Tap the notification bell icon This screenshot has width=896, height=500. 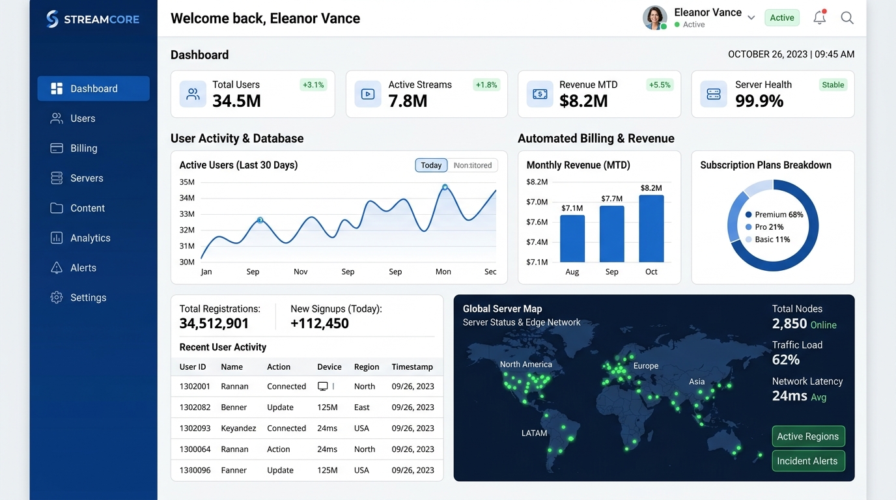[x=820, y=17]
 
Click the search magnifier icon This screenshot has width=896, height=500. [x=847, y=18]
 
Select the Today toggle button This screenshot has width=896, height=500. [x=431, y=165]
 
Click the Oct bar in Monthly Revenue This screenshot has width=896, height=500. [x=651, y=229]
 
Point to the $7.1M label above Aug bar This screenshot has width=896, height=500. [x=572, y=208]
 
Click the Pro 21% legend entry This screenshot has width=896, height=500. [x=764, y=227]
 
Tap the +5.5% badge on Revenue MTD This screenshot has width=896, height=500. [x=660, y=85]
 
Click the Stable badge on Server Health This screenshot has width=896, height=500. [x=833, y=85]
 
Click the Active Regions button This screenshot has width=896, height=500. [x=808, y=436]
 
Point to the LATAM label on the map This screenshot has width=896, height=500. [x=534, y=433]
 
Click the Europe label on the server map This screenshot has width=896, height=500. [x=645, y=366]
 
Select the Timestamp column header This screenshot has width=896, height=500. [x=412, y=367]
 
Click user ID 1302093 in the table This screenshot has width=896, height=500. [x=195, y=428]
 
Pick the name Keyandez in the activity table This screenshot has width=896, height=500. [x=238, y=428]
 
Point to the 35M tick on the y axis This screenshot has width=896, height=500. [x=187, y=182]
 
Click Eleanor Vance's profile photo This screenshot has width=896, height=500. [x=654, y=18]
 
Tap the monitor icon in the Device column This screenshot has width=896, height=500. [x=322, y=386]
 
